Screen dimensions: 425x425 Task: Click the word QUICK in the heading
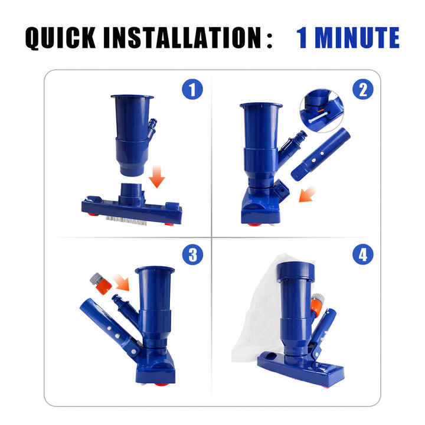[x=60, y=38]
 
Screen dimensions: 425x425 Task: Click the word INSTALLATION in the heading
[x=182, y=38]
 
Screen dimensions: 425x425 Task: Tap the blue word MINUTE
[x=357, y=38]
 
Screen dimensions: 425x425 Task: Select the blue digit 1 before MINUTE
[x=302, y=38]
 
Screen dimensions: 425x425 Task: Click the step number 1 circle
[x=192, y=89]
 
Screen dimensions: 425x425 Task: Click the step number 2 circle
[x=363, y=89]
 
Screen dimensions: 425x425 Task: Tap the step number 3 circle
[x=192, y=254]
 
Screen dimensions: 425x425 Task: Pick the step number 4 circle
[x=363, y=254]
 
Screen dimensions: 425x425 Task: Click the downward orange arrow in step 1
[x=157, y=176]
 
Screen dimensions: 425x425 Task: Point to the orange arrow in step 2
[x=307, y=194]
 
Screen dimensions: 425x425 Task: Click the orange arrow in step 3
[x=122, y=282]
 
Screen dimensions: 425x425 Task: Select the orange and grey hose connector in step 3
[x=101, y=284]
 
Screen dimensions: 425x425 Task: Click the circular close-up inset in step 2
[x=322, y=111]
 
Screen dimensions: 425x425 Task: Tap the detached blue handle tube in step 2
[x=321, y=154]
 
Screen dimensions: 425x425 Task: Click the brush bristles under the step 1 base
[x=126, y=220]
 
